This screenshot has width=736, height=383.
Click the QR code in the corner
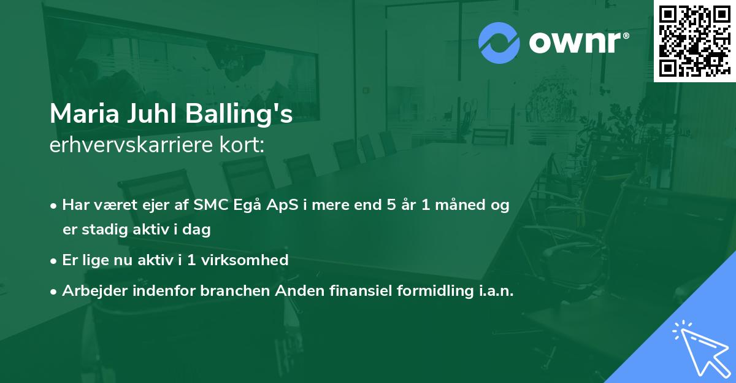pos(694,41)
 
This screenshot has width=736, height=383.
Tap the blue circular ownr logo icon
pos(499,43)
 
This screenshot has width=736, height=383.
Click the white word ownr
pos(575,43)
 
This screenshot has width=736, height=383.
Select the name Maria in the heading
pos(85,114)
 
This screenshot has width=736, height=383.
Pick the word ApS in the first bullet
pos(282,204)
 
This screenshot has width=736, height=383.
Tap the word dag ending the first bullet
pos(196,230)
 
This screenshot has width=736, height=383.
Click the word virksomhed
pos(245,260)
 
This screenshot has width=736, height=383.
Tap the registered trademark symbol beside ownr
pos(626,36)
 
